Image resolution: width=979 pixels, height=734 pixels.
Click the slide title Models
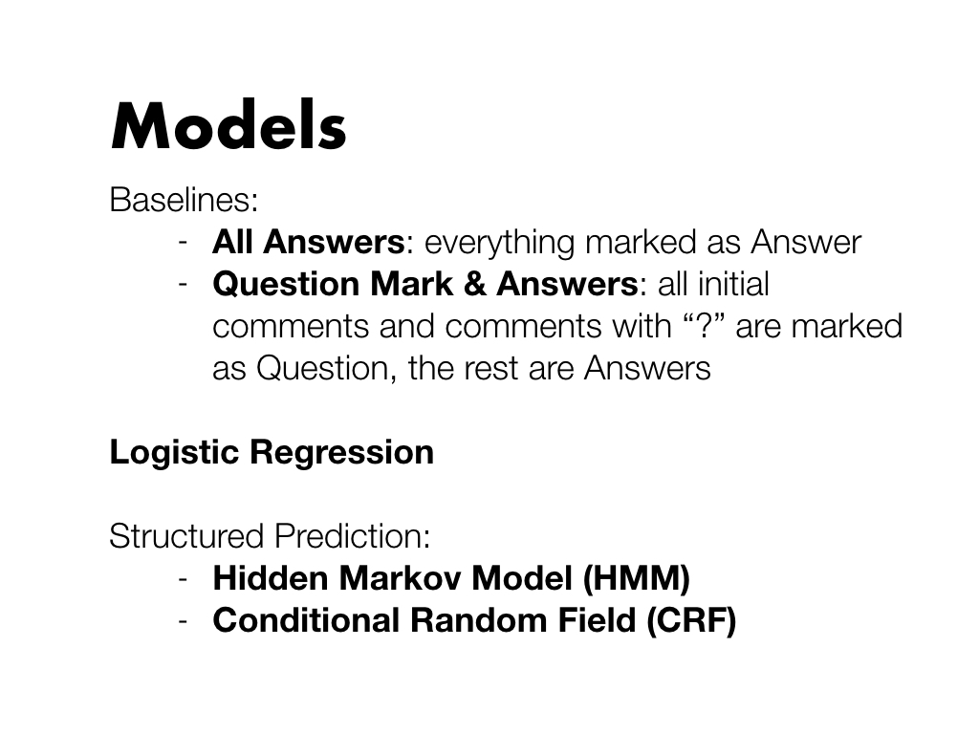(228, 125)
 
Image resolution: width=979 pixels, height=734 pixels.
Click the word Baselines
(182, 201)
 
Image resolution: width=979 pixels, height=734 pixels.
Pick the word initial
(733, 284)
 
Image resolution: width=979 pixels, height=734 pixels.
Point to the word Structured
(186, 536)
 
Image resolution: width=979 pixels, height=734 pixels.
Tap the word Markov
(400, 578)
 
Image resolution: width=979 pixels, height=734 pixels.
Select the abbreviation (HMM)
(636, 578)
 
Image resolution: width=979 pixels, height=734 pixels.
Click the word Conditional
(306, 620)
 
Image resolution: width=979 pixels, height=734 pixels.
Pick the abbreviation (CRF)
(692, 621)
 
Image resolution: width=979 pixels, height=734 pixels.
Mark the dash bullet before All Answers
(183, 243)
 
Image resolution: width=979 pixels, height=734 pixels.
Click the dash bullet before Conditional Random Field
(183, 621)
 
